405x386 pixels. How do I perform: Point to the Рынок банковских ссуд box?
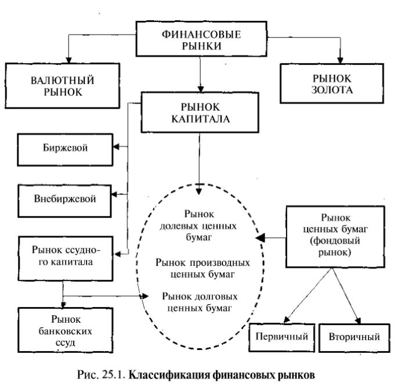click(64, 329)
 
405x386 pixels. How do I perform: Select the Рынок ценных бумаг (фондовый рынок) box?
click(331, 237)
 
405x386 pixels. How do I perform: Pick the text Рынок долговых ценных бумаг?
click(199, 301)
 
